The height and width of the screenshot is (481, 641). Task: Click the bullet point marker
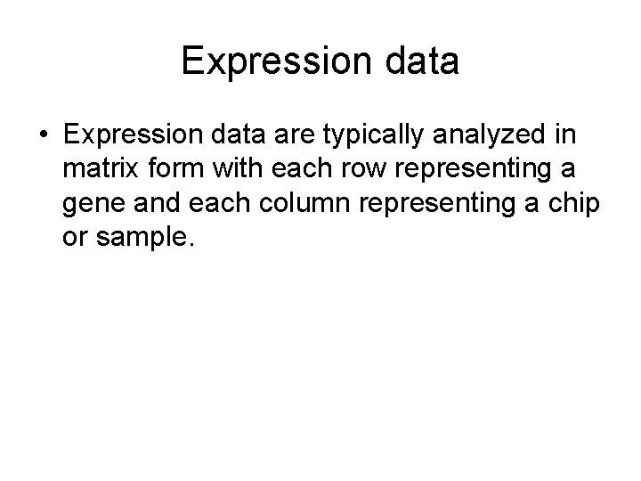click(x=45, y=135)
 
